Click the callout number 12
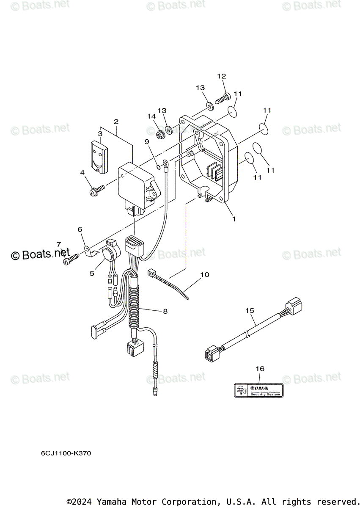point(222,76)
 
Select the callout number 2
point(116,121)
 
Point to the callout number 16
point(260,369)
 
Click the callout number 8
point(165,311)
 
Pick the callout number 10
point(204,275)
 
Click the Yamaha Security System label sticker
point(258,390)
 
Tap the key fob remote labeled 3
point(99,155)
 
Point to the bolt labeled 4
point(96,191)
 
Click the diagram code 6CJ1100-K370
point(66,453)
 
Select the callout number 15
point(250,310)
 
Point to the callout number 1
point(234,219)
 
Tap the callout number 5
point(92,273)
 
